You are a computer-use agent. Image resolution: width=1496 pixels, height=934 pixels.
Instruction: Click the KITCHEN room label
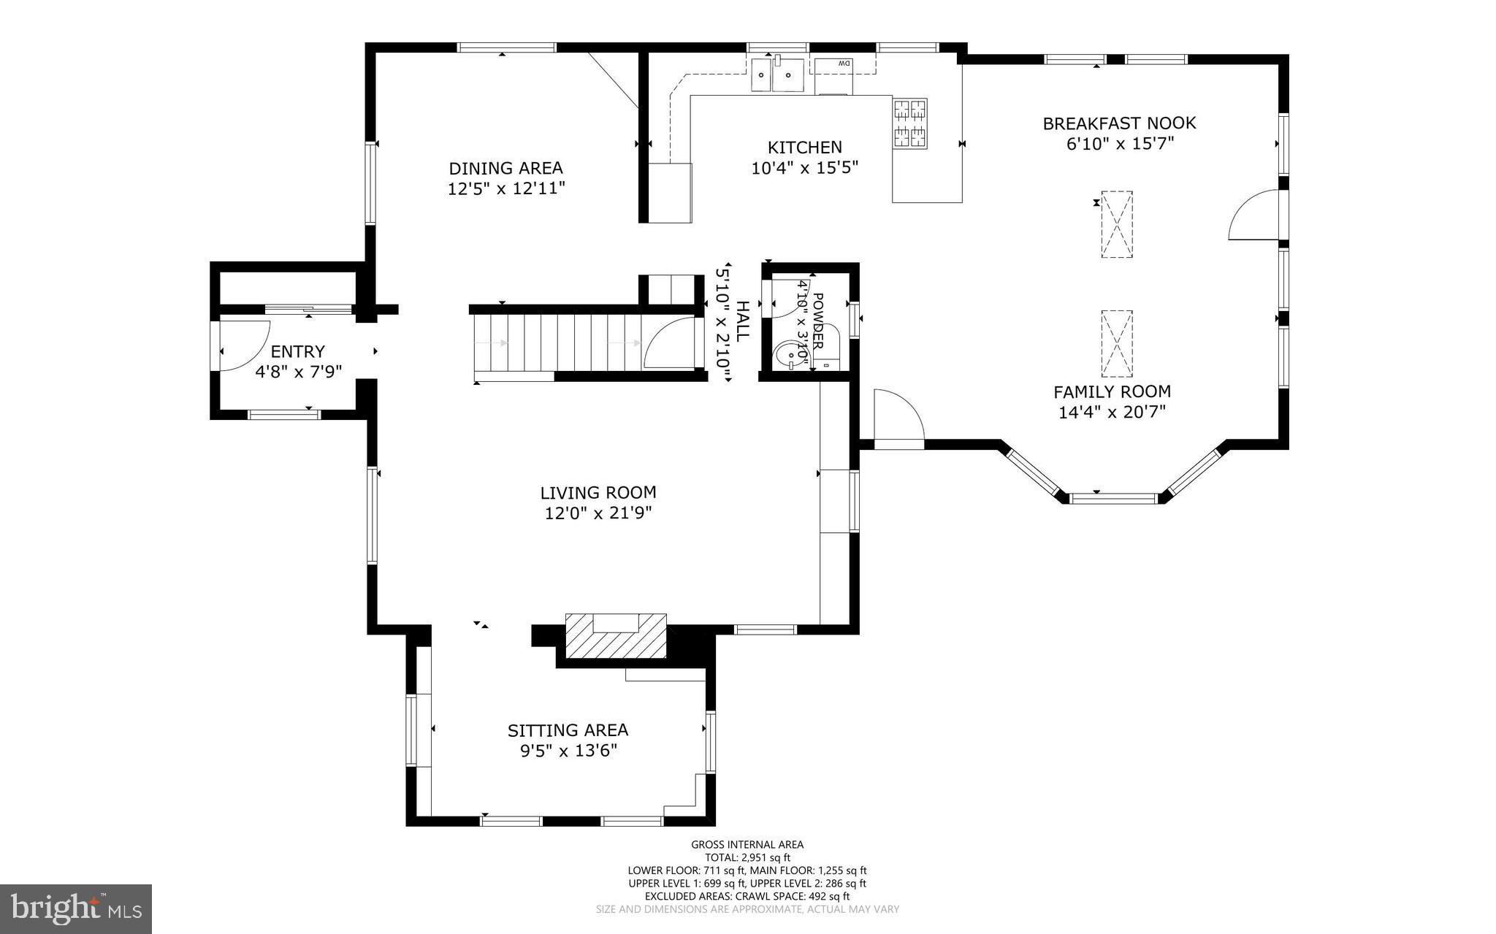pyautogui.click(x=804, y=148)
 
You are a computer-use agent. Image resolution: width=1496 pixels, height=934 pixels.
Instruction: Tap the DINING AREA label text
pyautogui.click(x=505, y=169)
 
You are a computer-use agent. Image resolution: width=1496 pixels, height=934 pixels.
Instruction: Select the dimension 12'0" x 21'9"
pyautogui.click(x=598, y=513)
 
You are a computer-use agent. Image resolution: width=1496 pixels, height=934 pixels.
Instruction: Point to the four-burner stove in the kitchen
pyautogui.click(x=909, y=123)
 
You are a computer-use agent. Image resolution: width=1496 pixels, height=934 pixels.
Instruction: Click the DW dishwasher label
pyautogui.click(x=844, y=64)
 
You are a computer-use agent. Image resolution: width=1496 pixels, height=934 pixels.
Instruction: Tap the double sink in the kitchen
pyautogui.click(x=777, y=74)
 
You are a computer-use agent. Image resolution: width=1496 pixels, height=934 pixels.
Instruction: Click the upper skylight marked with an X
pyautogui.click(x=1116, y=224)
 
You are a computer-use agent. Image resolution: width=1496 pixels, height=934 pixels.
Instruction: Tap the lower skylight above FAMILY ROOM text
pyautogui.click(x=1116, y=343)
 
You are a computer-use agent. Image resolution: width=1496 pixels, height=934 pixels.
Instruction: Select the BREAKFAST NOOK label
pyautogui.click(x=1119, y=123)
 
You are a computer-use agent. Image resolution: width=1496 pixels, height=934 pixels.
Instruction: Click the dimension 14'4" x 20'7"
pyautogui.click(x=1111, y=413)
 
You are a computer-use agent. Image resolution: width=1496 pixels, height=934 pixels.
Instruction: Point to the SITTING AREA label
pyautogui.click(x=568, y=730)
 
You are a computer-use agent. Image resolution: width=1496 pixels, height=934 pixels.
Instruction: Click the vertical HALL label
pyautogui.click(x=742, y=321)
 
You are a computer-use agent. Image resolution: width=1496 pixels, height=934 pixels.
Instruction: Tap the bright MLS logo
pyautogui.click(x=75, y=908)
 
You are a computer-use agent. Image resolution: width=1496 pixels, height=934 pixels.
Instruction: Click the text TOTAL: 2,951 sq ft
pyautogui.click(x=747, y=857)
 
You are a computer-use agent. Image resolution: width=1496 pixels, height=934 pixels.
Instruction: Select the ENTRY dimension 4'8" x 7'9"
pyautogui.click(x=298, y=372)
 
